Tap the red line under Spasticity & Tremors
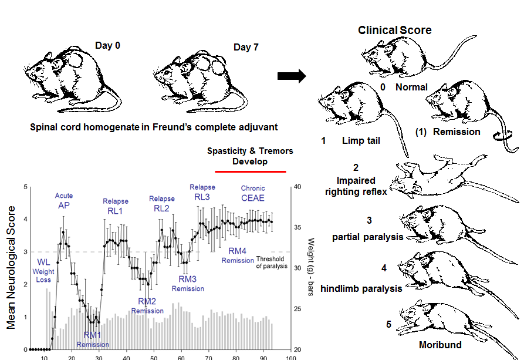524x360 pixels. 251,172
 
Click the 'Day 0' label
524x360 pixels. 108,45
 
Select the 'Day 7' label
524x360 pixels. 245,47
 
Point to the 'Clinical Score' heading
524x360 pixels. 395,30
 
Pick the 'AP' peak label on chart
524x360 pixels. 63,206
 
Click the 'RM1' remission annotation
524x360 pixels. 90,335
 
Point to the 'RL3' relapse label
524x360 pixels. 202,197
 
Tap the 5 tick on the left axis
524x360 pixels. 25,187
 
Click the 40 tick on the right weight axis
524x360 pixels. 298,187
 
